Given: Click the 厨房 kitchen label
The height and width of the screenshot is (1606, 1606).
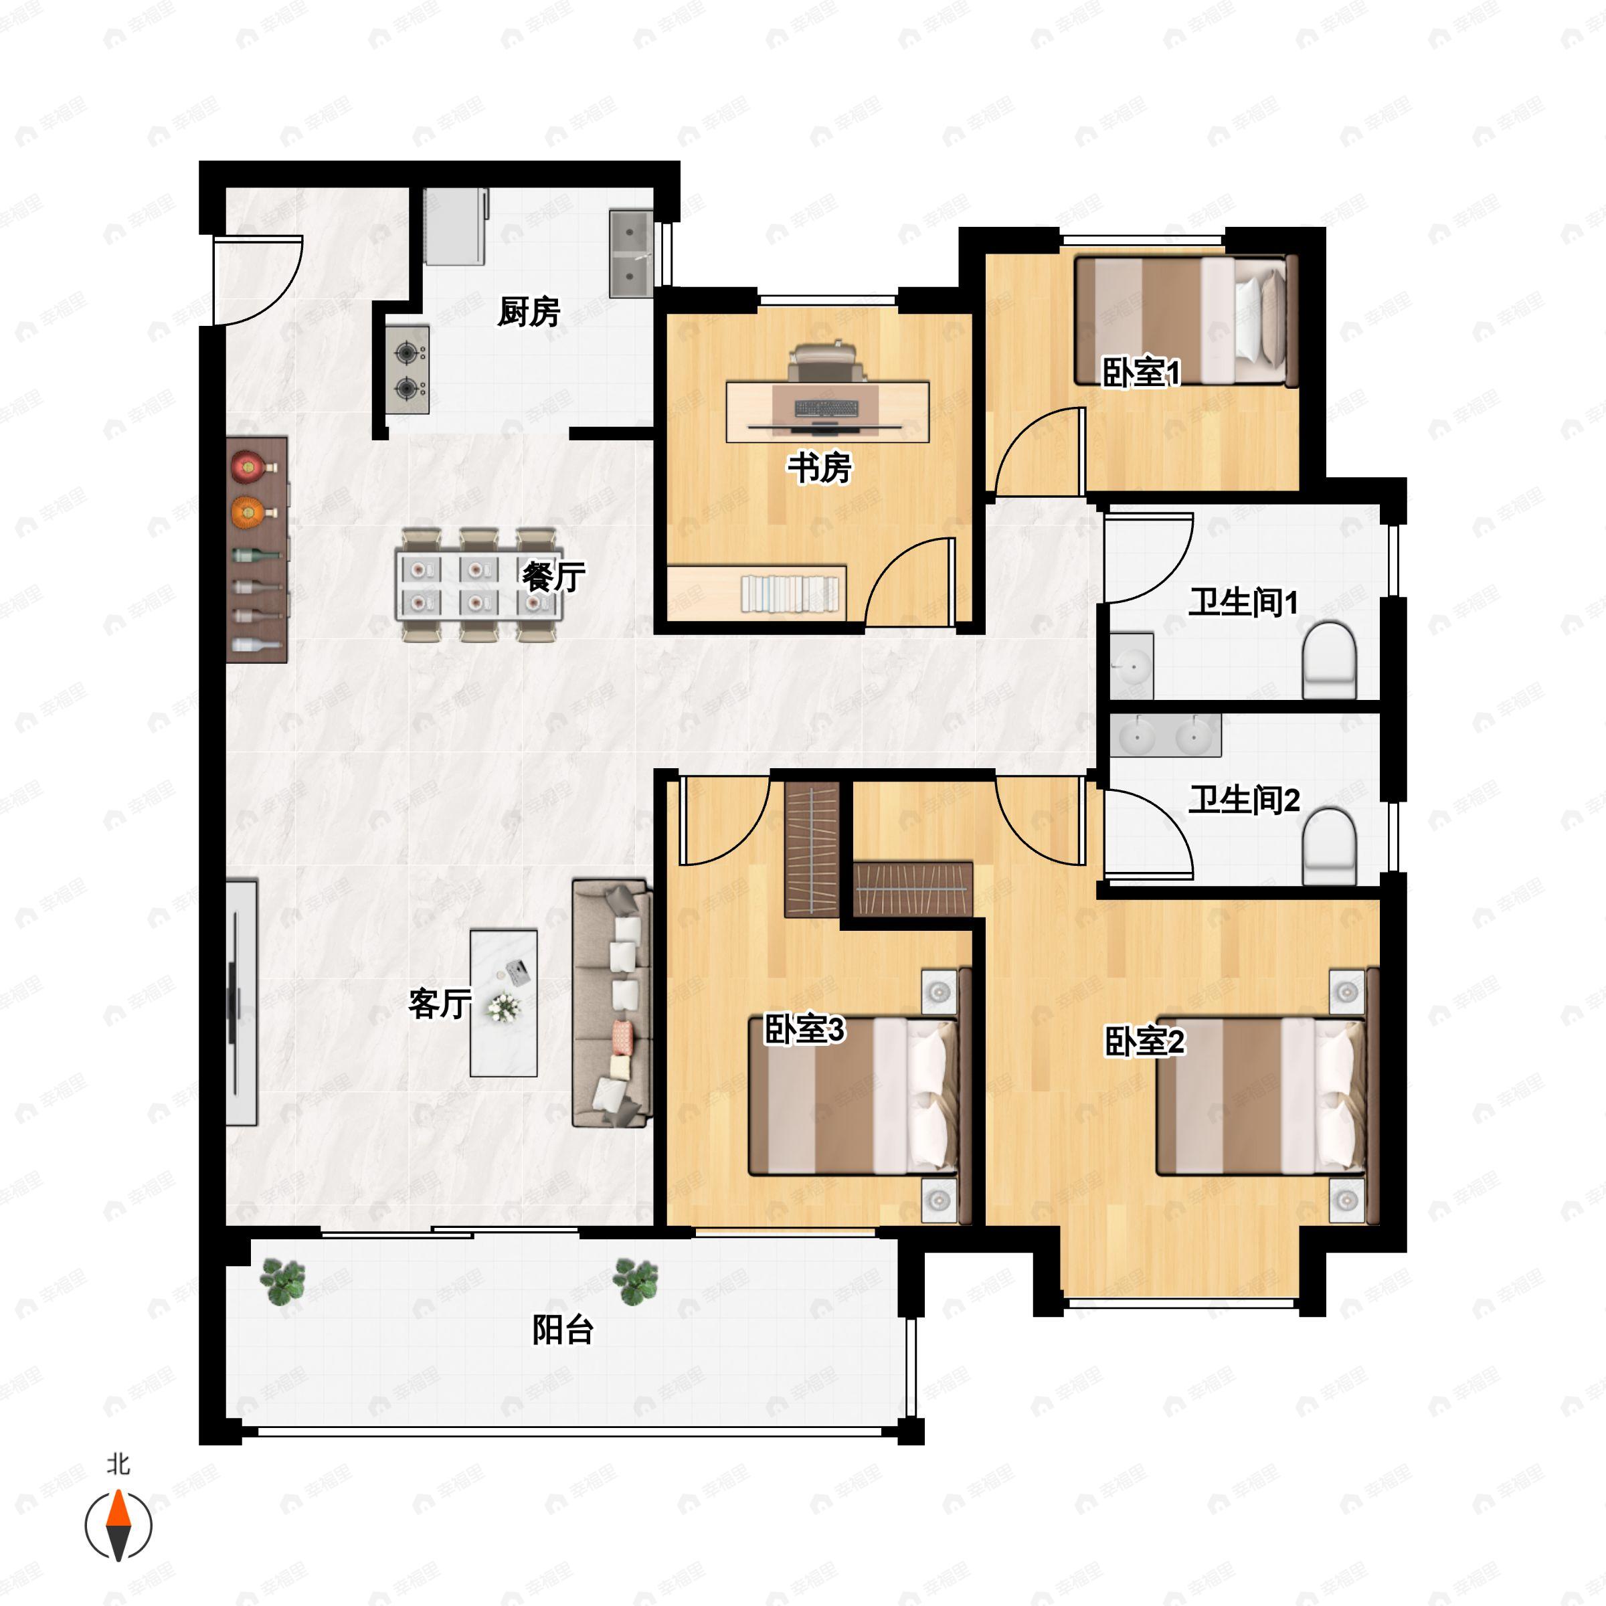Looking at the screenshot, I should pyautogui.click(x=528, y=312).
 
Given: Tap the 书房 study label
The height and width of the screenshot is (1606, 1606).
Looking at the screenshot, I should pyautogui.click(x=819, y=468).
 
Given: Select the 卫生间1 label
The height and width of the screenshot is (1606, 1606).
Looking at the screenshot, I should pyautogui.click(x=1242, y=602).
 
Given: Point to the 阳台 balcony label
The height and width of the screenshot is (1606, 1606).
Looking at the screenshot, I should pyautogui.click(x=562, y=1330).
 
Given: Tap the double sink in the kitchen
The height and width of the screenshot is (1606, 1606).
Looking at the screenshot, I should pyautogui.click(x=631, y=254).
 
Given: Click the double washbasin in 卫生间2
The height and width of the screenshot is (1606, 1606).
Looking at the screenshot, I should pyautogui.click(x=1164, y=735).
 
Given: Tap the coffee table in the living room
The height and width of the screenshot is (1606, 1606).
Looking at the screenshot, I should pyautogui.click(x=503, y=1002).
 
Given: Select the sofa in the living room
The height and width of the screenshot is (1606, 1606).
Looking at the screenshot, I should pyautogui.click(x=611, y=1003).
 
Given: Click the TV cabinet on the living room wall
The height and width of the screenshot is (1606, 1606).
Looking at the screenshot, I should pyautogui.click(x=241, y=1002).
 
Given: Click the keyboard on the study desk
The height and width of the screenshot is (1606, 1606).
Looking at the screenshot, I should pyautogui.click(x=826, y=408).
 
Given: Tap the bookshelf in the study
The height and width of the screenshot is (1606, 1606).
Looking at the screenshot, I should pyautogui.click(x=789, y=594).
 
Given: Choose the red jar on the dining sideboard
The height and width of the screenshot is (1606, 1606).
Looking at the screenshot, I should pyautogui.click(x=248, y=467).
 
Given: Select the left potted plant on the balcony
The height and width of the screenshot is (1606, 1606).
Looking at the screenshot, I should pyautogui.click(x=282, y=1280).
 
